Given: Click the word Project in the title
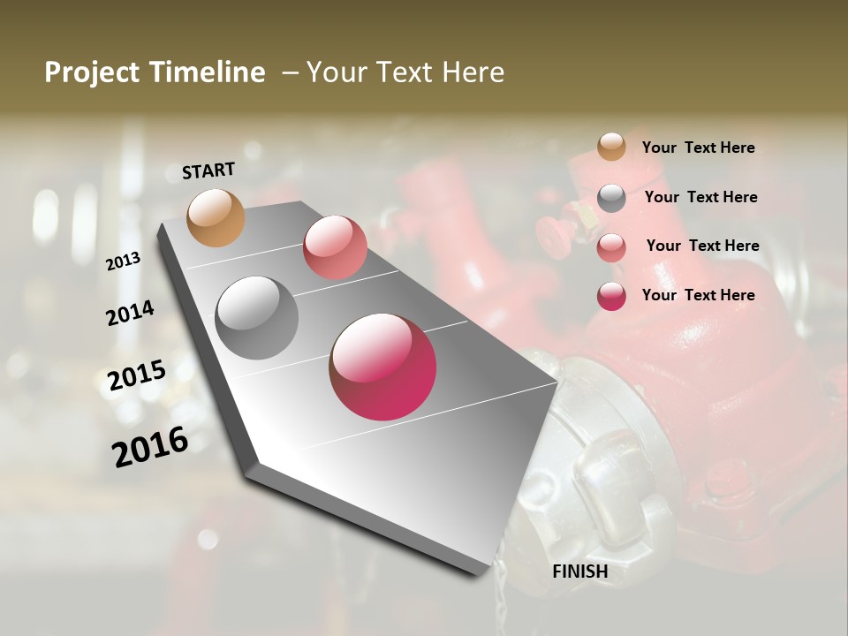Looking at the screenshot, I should (92, 72).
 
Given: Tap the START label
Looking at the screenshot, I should (208, 170).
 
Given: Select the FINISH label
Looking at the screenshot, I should (579, 572).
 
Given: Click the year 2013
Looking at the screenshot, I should (124, 261).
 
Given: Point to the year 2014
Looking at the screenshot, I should (130, 313).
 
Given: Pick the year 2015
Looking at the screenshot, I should (137, 375).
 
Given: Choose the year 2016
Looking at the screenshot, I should (150, 447).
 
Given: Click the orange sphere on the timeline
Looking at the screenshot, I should (216, 217).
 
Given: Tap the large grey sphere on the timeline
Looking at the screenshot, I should (257, 318).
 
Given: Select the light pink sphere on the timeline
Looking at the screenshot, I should (335, 246).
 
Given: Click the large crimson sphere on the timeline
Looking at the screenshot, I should (382, 367).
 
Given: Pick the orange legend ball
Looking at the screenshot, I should (611, 147).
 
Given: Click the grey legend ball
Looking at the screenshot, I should (611, 198).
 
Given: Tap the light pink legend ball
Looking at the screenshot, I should (611, 247).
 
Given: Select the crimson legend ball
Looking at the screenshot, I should (611, 296).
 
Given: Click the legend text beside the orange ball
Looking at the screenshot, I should (698, 148).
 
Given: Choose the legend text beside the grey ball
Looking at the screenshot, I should (700, 197).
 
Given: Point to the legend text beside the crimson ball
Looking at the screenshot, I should (698, 295).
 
